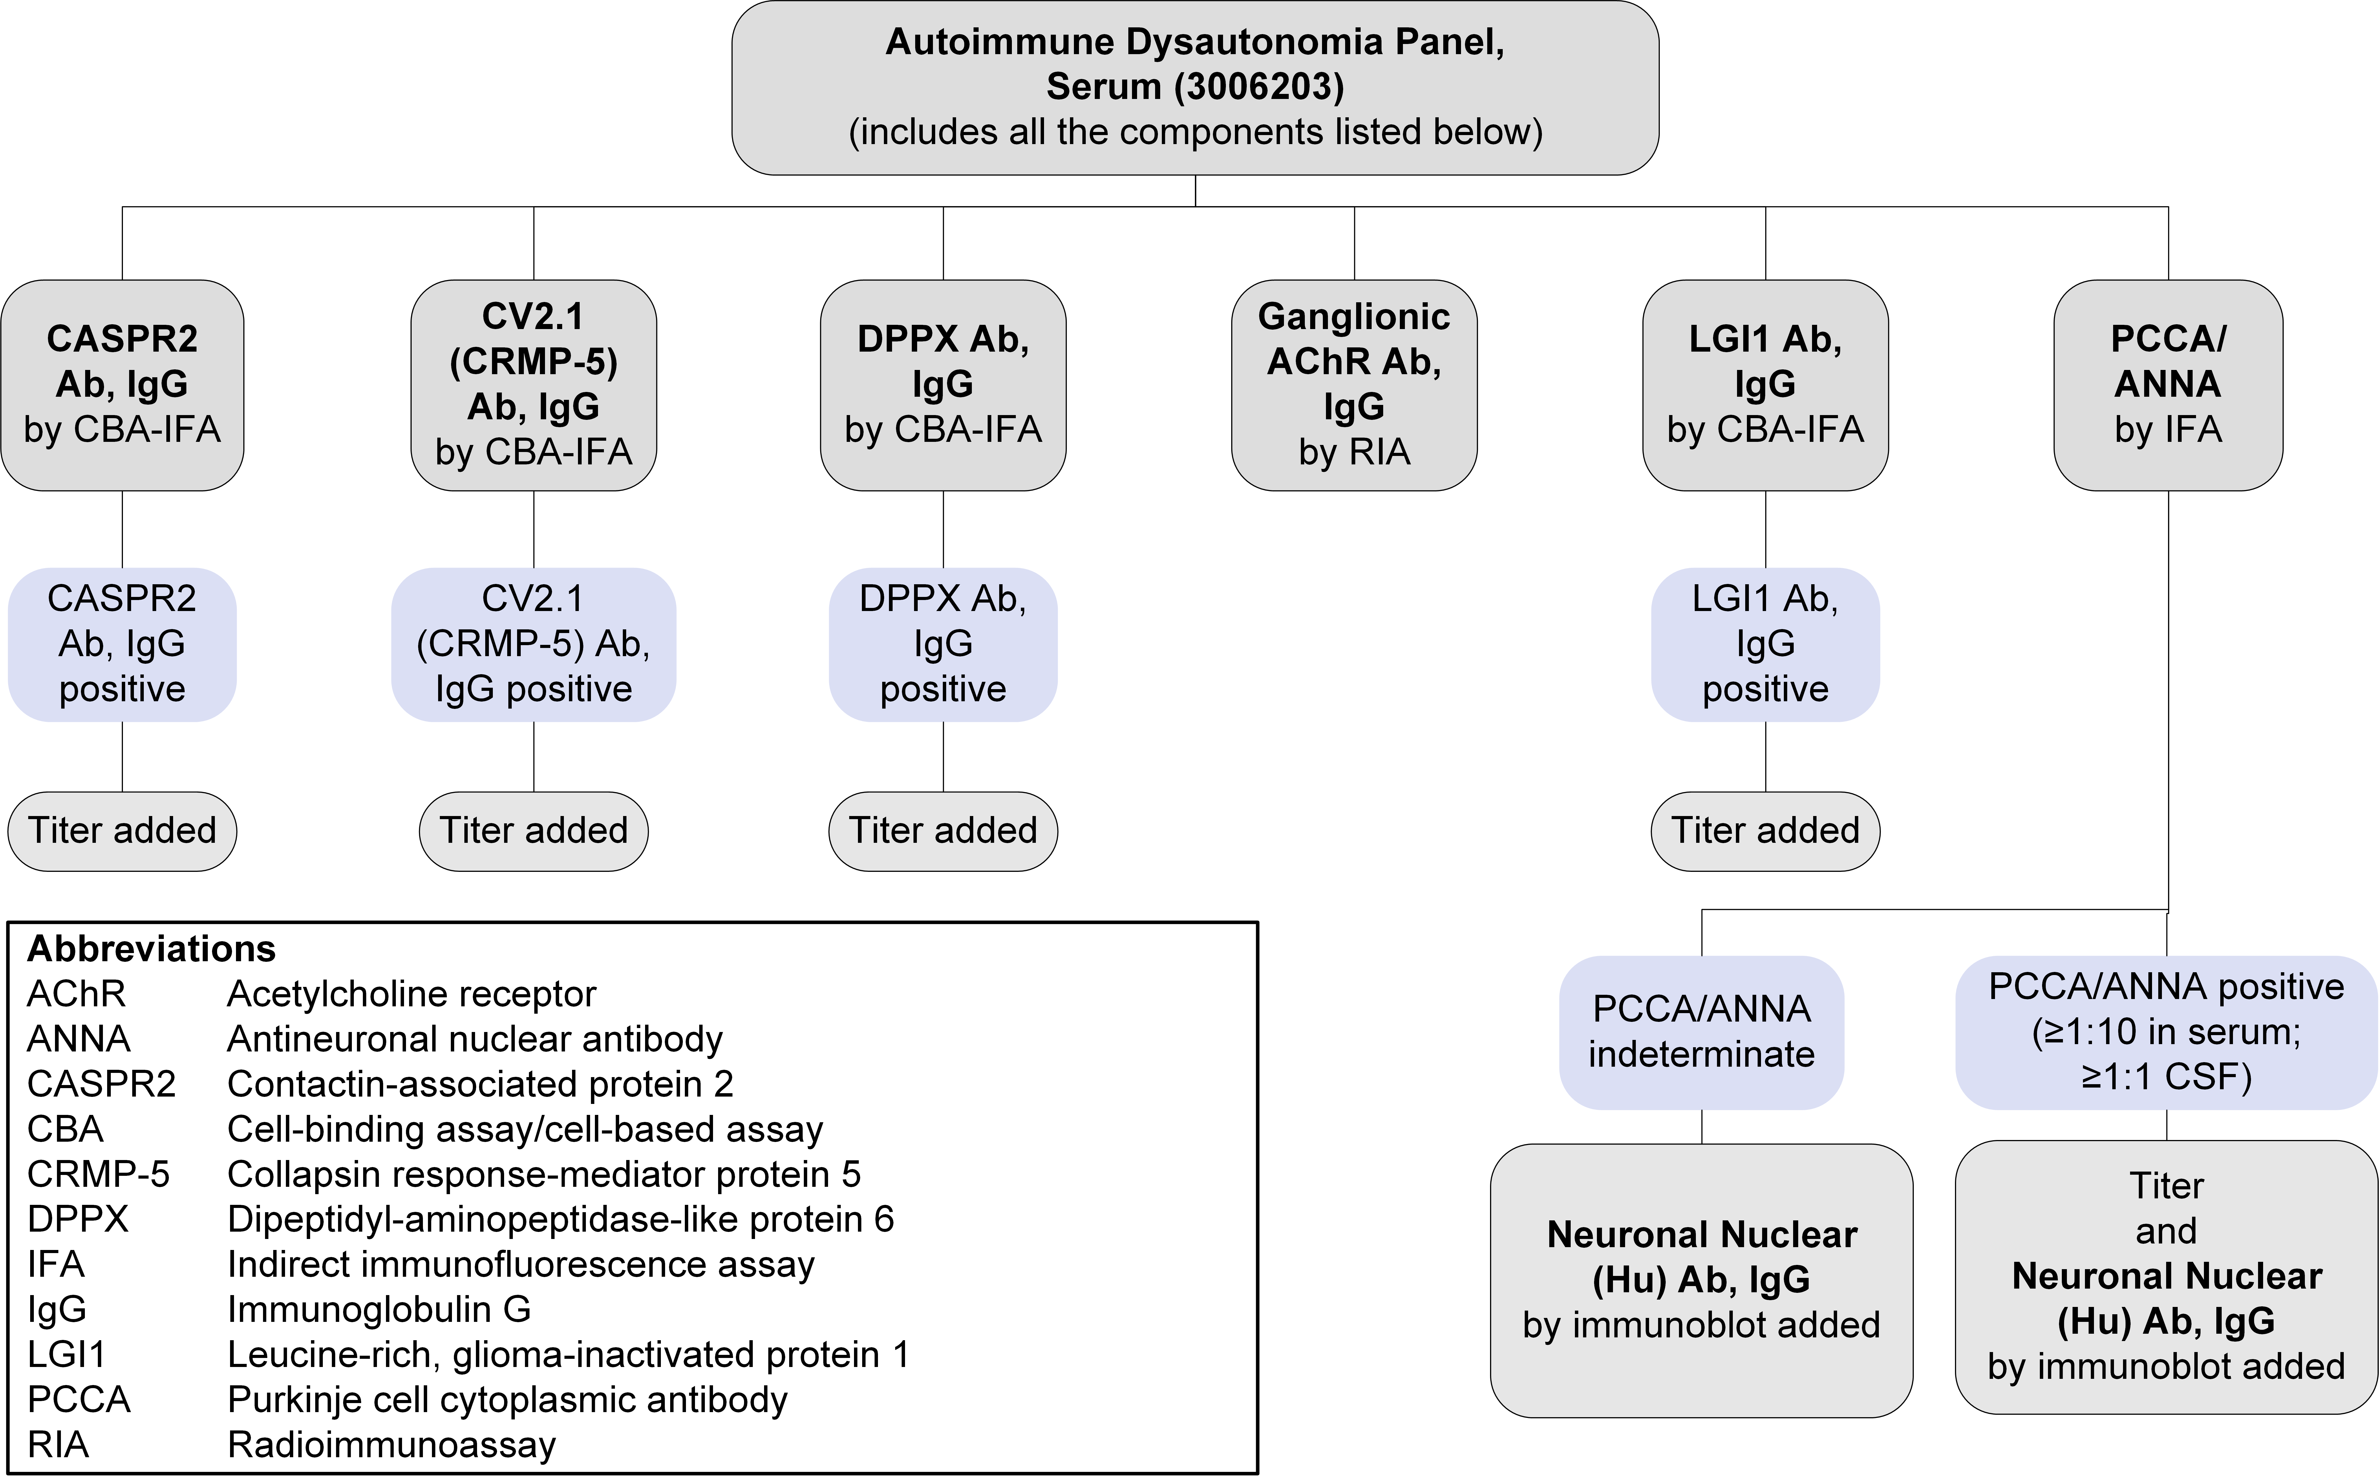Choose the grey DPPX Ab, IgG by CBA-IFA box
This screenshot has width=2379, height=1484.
[943, 385]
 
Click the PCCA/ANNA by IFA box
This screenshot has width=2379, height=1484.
[2168, 385]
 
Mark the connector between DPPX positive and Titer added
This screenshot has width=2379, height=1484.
[943, 757]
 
